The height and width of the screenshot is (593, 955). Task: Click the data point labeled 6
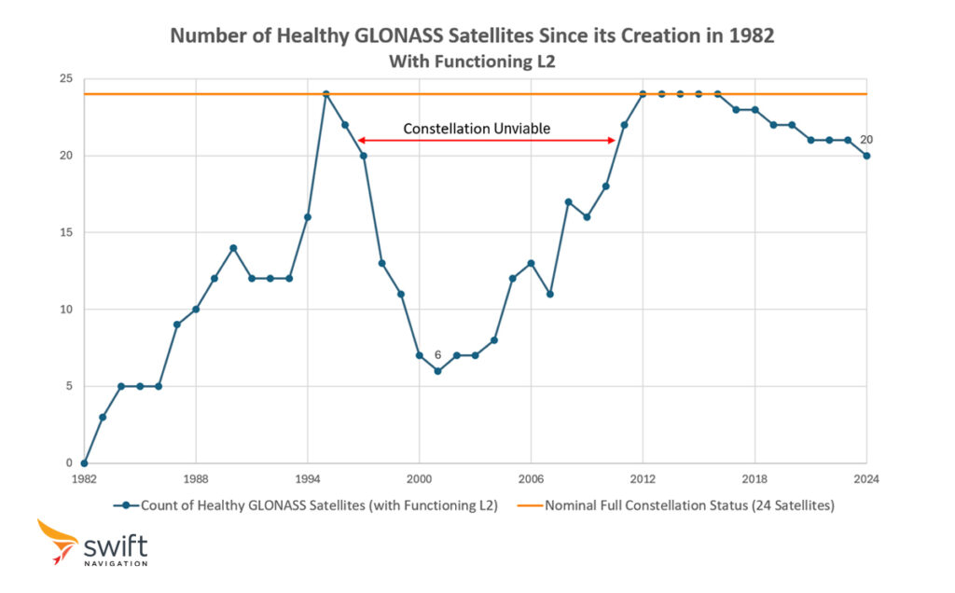(437, 371)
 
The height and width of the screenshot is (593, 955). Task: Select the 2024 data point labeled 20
(866, 156)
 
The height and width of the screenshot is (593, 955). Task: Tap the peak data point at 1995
(326, 94)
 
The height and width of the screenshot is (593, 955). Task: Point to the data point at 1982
(84, 462)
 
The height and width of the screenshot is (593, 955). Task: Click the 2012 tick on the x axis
(643, 479)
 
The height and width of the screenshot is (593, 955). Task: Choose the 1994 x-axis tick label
(307, 479)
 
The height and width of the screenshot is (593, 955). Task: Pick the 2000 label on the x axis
(419, 479)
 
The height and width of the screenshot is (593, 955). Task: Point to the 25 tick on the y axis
(65, 79)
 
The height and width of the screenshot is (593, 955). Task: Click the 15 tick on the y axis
(65, 232)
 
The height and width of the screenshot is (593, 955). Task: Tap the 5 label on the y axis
(68, 386)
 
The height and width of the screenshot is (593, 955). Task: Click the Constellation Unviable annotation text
(476, 129)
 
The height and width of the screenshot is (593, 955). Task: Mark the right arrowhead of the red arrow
(611, 140)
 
